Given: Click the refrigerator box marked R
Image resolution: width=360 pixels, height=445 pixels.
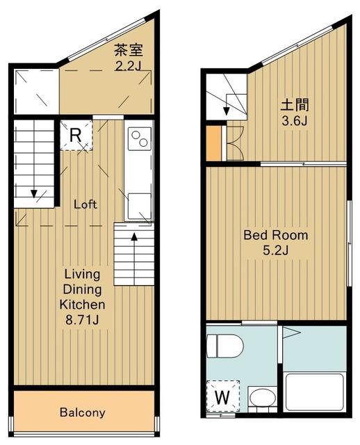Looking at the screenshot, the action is [x=76, y=136].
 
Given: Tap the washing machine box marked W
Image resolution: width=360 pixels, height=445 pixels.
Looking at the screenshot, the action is [x=222, y=396].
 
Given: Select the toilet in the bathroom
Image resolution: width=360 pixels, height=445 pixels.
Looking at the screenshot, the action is [x=225, y=346].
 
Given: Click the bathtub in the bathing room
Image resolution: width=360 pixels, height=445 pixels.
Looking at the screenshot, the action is [x=315, y=392].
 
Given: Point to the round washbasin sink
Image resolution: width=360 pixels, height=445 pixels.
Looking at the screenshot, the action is [x=263, y=397].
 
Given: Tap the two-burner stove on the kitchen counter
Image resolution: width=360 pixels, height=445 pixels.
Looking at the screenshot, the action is [x=140, y=139].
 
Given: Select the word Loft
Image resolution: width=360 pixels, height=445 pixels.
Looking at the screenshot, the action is [x=85, y=204].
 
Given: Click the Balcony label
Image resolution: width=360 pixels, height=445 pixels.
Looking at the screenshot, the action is [x=83, y=412].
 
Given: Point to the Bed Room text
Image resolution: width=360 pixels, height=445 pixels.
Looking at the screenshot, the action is [x=276, y=235].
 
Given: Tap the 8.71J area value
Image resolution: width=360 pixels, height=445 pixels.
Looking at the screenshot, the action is [x=82, y=320].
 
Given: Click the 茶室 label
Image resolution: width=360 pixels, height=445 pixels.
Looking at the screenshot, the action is [x=129, y=51].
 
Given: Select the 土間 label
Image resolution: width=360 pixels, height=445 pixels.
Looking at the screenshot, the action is [x=295, y=105].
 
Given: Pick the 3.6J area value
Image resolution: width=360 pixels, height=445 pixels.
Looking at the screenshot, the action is [x=295, y=121].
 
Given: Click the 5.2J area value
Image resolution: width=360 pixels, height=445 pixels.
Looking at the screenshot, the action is [x=276, y=250].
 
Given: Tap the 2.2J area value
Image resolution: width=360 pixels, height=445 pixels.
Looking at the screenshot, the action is [x=128, y=67].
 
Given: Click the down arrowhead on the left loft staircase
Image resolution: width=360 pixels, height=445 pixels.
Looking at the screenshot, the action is [x=34, y=194].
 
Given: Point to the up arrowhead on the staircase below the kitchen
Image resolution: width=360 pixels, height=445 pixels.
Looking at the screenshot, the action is [x=134, y=236].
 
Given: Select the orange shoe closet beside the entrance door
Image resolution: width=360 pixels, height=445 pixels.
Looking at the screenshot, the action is [x=213, y=143].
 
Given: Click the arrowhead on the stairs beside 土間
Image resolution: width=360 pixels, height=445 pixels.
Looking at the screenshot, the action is [x=227, y=111].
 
